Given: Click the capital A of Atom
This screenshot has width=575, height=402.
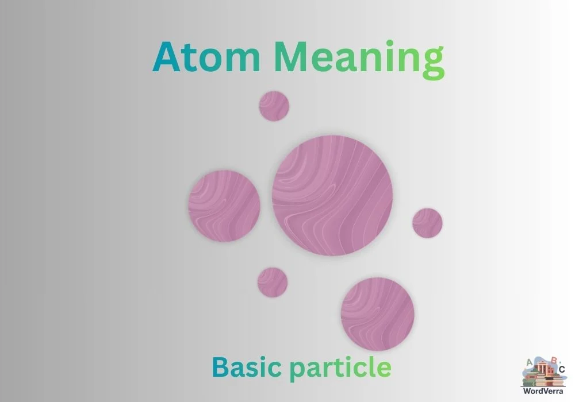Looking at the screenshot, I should [x=166, y=57].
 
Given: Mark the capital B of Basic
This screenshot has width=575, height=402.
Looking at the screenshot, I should [x=219, y=365].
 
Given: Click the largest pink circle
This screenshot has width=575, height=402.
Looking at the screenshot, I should [x=332, y=195].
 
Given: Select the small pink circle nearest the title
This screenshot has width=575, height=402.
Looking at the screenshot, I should [x=274, y=106].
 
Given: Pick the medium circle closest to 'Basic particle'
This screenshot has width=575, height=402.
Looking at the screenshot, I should [x=377, y=314].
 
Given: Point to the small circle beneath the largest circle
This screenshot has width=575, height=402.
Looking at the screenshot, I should [x=273, y=282].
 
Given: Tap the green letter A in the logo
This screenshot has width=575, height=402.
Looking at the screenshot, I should [x=529, y=362].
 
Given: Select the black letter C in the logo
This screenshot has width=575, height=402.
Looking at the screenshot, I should [x=562, y=369].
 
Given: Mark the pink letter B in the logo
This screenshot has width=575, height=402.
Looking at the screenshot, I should [x=553, y=360].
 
